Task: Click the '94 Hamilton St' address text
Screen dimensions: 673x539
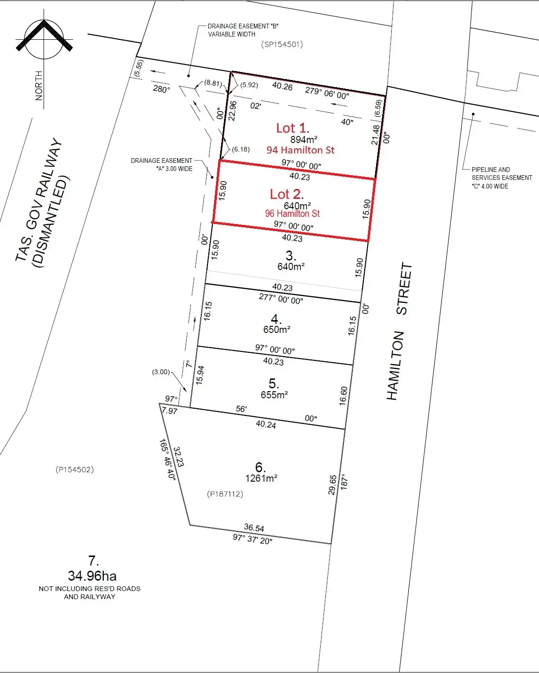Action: pyautogui.click(x=300, y=150)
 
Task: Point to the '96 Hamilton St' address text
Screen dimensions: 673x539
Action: pyautogui.click(x=292, y=214)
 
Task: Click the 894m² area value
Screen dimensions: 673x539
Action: pyautogui.click(x=304, y=139)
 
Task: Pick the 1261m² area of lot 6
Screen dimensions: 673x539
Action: pyautogui.click(x=261, y=478)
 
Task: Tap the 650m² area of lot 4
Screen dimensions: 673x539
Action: pyautogui.click(x=277, y=329)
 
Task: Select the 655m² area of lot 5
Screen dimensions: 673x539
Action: pyautogui.click(x=274, y=395)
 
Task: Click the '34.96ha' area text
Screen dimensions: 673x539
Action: pyautogui.click(x=92, y=576)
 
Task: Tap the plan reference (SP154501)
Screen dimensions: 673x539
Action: pyautogui.click(x=282, y=45)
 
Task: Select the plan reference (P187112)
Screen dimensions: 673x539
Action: pyautogui.click(x=225, y=494)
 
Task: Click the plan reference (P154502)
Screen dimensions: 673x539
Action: pyautogui.click(x=75, y=470)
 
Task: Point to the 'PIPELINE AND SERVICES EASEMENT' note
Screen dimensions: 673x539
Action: pyautogui.click(x=501, y=178)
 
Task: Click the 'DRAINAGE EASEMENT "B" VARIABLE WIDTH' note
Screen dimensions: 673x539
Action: pyautogui.click(x=243, y=30)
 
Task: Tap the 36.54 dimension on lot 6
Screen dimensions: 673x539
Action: pyautogui.click(x=254, y=528)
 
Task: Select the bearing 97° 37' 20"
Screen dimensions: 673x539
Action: pyautogui.click(x=252, y=539)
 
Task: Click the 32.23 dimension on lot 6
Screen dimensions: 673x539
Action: pyautogui.click(x=179, y=457)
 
